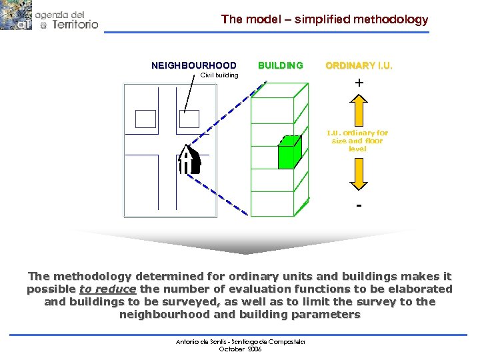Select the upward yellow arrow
(x=358, y=109)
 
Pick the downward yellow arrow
(x=358, y=175)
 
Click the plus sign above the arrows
(x=359, y=83)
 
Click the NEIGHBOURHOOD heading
(x=194, y=65)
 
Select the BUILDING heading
(x=280, y=65)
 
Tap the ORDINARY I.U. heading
(x=359, y=65)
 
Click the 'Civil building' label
(x=219, y=75)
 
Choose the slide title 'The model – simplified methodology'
(x=325, y=20)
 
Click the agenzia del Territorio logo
(x=49, y=16)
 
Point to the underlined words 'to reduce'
(x=107, y=289)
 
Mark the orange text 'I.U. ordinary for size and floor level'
(x=358, y=141)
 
